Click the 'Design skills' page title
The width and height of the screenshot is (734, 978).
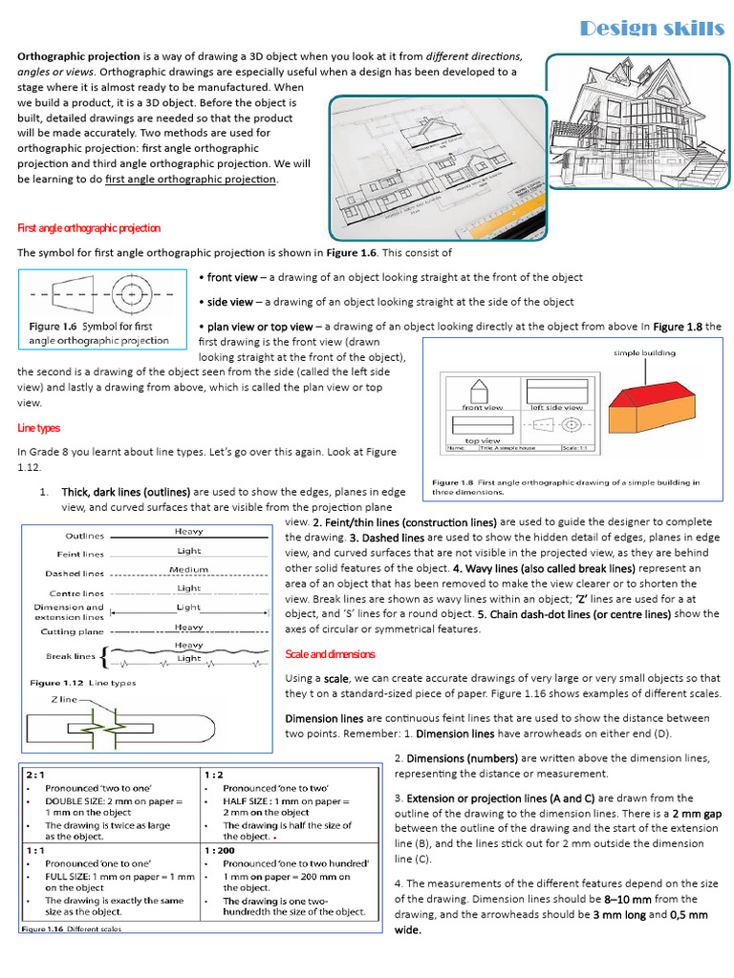(x=652, y=29)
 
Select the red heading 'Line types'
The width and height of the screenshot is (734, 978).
(x=39, y=428)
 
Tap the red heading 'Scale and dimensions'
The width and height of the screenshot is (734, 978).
(x=331, y=654)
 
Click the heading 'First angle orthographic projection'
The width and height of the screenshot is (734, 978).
(x=90, y=228)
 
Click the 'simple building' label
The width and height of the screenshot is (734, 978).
(x=644, y=352)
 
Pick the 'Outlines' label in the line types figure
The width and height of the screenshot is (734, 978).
(x=85, y=536)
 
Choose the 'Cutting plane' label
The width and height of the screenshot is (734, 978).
(x=73, y=631)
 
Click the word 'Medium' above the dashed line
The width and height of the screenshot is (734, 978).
(x=188, y=569)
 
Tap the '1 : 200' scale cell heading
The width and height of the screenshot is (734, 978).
(x=222, y=848)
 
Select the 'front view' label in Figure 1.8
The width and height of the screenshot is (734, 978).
(x=482, y=407)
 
